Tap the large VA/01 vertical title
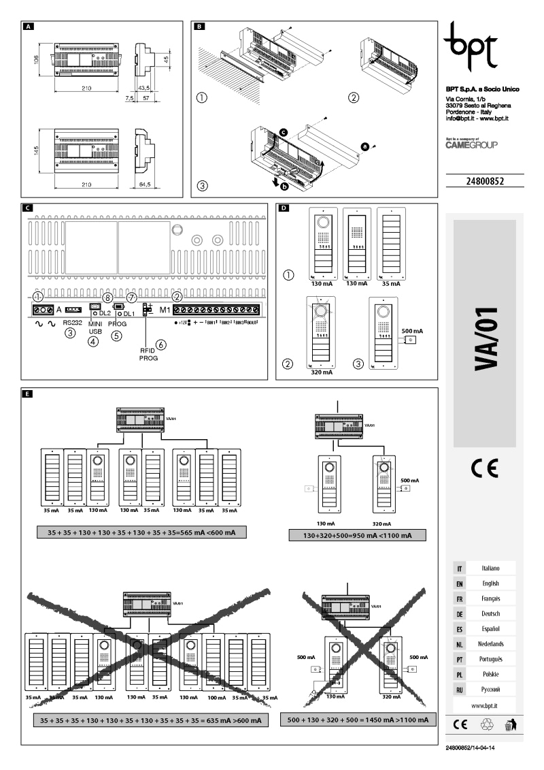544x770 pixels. coord(484,339)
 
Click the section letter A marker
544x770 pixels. coord(28,27)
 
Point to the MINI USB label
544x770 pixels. coord(95,327)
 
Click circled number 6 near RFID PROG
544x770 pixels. coord(161,345)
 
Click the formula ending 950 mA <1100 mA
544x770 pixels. coord(357,535)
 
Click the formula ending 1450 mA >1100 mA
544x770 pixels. coord(357,720)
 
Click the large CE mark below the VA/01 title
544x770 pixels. coord(484,469)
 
